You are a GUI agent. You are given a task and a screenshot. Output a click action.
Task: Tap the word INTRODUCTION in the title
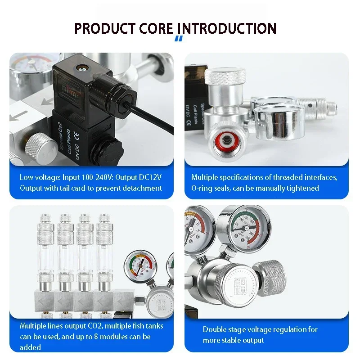click(x=226, y=28)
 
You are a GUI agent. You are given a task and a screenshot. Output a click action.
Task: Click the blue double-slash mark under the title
click(x=179, y=39)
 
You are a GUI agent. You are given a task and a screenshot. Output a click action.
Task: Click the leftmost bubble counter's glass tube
click(x=46, y=257)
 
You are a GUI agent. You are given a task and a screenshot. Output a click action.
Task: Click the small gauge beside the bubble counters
click(x=140, y=265)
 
